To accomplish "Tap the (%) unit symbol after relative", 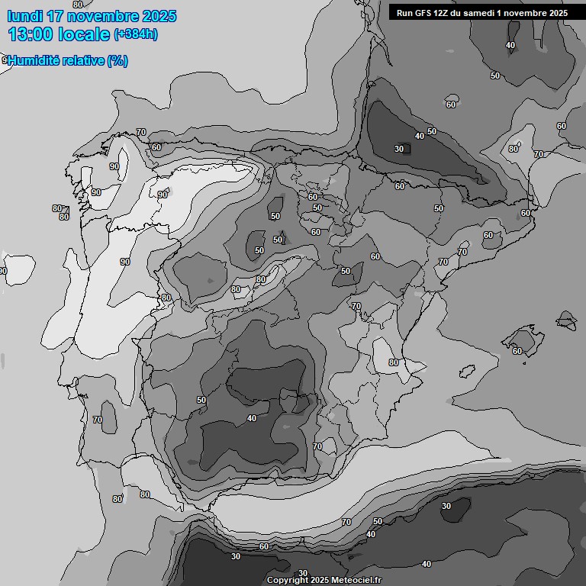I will pyautogui.click(x=118, y=61).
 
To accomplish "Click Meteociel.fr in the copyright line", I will pyautogui.click(x=354, y=580).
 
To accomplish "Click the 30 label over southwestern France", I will pyautogui.click(x=399, y=149).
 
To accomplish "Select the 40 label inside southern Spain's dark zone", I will pyautogui.click(x=252, y=418).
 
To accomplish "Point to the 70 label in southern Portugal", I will pyautogui.click(x=97, y=420).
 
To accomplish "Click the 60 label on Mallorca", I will pyautogui.click(x=517, y=351).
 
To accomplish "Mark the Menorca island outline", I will pyautogui.click(x=567, y=319).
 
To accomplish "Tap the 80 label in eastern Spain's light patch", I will pyautogui.click(x=394, y=362).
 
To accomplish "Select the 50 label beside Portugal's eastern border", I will pyautogui.click(x=201, y=400).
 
